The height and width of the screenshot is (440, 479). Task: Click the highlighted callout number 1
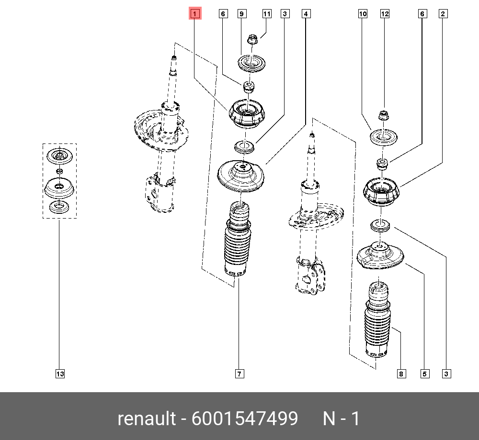195,14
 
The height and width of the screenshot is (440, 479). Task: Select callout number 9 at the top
242,14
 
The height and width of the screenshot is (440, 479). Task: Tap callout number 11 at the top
267,14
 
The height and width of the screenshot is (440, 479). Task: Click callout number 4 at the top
306,14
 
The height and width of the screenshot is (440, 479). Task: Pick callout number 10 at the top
363,14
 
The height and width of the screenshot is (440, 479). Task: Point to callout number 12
385,14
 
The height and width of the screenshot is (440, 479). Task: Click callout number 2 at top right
443,14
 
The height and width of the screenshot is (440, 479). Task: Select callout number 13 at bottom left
59,374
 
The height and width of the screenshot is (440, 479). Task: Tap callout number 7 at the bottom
239,374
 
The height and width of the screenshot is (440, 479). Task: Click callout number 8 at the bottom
401,374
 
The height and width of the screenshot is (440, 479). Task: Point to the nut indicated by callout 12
383,116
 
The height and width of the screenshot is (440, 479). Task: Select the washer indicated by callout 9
251,64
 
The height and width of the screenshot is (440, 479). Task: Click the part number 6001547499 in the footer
245,418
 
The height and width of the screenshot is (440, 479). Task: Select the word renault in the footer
147,418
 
